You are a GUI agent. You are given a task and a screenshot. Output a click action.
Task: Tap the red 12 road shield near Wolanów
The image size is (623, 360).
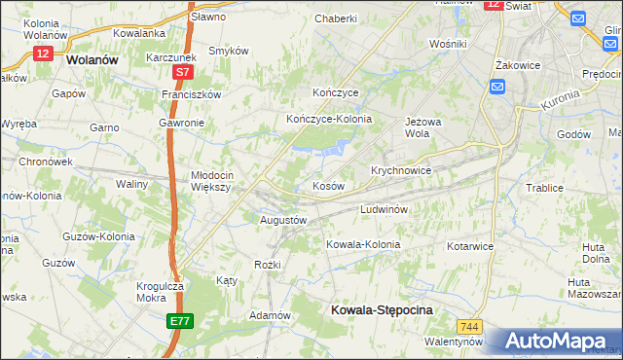tap(42, 54)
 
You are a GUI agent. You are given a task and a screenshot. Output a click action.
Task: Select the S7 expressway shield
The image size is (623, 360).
tap(184, 72)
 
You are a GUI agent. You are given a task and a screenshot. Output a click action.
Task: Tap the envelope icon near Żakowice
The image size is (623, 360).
tap(497, 88)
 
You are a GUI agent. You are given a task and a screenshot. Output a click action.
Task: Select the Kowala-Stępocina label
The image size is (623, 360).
tap(376, 308)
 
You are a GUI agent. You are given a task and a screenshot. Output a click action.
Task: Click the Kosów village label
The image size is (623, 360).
tap(327, 185)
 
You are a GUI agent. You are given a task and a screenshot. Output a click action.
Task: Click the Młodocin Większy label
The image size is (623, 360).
tap(209, 180)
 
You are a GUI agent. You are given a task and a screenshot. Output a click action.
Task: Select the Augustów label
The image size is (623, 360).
tap(283, 220)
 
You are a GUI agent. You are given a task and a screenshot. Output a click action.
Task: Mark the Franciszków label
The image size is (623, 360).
tap(192, 95)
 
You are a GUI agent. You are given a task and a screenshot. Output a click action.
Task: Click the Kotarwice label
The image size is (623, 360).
tap(470, 246)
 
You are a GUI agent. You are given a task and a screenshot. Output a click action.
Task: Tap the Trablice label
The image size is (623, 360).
tap(545, 188)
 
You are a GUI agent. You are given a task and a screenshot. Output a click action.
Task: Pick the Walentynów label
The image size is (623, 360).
tap(454, 342)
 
